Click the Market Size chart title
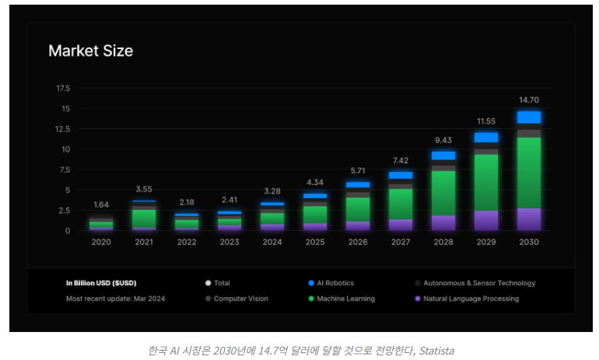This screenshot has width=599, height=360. click(90, 51)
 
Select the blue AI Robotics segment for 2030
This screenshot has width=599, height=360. click(529, 117)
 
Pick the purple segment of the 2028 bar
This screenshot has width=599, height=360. click(443, 222)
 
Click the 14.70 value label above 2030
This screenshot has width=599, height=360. click(529, 100)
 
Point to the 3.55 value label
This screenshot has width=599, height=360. click(144, 189)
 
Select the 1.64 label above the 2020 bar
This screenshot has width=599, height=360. click(101, 204)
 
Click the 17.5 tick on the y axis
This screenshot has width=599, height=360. click(63, 88)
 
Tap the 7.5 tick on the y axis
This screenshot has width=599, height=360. click(64, 170)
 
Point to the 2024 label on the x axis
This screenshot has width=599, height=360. click(272, 242)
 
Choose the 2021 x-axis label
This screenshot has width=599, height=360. click(144, 242)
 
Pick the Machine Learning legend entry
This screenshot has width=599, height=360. click(345, 299)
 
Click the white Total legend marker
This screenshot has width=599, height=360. click(208, 283)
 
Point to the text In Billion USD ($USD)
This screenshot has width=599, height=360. click(101, 283)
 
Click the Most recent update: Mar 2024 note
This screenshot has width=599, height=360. click(115, 299)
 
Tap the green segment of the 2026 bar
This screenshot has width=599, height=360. click(358, 209)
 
